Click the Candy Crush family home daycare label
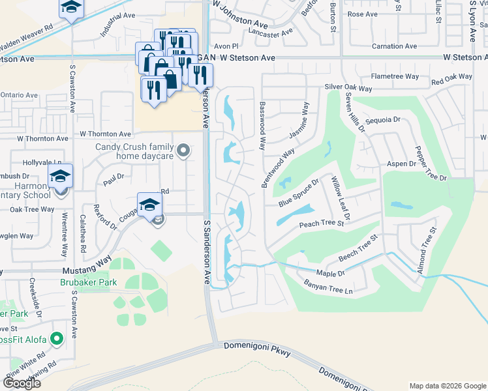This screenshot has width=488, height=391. click(134, 151)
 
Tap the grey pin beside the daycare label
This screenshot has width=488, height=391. click(184, 151)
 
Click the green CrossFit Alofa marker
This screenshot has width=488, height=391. click(57, 338)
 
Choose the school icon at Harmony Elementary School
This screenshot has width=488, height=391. click(60, 177)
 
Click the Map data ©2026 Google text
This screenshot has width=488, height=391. click(447, 385)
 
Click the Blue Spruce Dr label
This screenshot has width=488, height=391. click(298, 194)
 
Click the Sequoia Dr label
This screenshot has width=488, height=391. click(382, 120)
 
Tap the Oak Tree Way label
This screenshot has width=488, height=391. click(32, 210)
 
